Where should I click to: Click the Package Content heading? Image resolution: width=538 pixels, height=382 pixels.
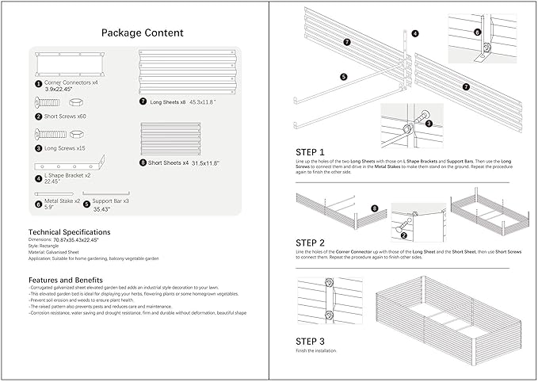coord(143,32)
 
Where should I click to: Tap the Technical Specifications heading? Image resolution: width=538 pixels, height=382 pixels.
coord(68,232)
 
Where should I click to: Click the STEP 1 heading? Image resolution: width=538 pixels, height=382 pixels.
coord(310,152)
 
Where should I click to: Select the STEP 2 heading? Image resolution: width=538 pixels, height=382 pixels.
coord(310,242)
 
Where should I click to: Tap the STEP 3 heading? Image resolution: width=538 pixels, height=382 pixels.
coord(310,342)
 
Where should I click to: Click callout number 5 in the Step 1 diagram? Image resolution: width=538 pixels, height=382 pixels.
coord(344,77)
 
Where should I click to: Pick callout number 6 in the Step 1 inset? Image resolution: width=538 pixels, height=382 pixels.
coord(477,32)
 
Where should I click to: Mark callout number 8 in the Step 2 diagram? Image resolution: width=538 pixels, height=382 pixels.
coord(374,208)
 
